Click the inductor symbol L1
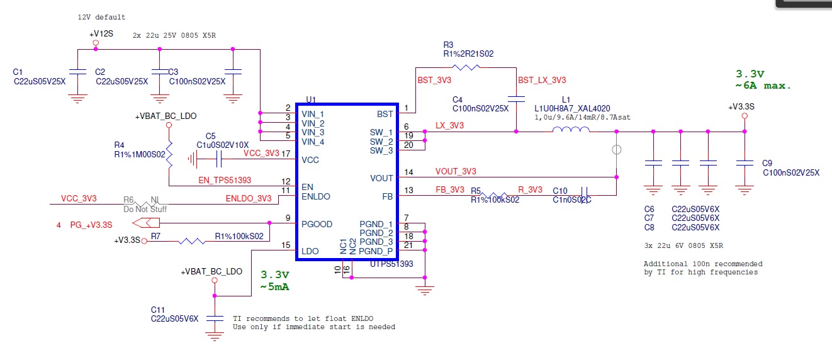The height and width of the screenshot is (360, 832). point(571,130)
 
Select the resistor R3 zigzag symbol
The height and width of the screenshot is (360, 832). point(466,66)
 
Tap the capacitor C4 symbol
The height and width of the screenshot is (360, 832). point(516,99)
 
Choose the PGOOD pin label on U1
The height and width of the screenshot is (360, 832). point(317,224)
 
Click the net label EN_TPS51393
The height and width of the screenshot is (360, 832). point(224,181)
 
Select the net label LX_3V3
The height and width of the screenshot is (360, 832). point(449,127)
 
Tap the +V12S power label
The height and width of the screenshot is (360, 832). point(101,33)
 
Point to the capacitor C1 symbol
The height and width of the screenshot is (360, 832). point(77,71)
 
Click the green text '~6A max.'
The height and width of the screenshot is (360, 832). point(763,86)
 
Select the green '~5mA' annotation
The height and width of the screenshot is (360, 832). point(275,288)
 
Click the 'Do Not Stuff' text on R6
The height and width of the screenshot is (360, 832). point(145,208)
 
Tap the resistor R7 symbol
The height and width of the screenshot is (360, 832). point(190,240)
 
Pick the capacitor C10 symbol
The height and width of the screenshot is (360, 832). point(584,191)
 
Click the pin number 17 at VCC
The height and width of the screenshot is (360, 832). point(286,154)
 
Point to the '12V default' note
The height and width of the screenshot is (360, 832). point(101,17)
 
